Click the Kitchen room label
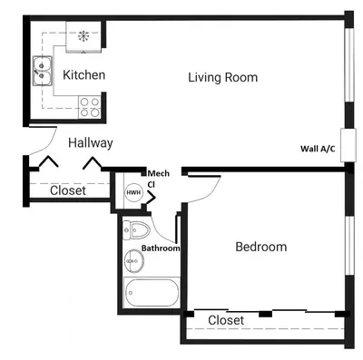pos(84,74)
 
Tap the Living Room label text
pos(223,77)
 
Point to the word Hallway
pos(91,143)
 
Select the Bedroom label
pos(261,247)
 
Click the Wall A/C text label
pos(318,149)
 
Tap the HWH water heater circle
pos(133,192)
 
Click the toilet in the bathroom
pos(136,230)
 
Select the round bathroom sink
pos(134,260)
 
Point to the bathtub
pos(152,292)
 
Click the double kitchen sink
pos(43,71)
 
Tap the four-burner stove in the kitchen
pos(90,107)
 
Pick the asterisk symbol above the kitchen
pos(83,36)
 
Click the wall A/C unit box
pos(348,145)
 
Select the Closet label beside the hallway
pos(68,190)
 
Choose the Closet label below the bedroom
pos(226,320)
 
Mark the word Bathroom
pos(161,248)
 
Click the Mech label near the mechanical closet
pos(159,173)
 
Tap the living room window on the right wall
pos(349,65)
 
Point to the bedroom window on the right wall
pos(349,246)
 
